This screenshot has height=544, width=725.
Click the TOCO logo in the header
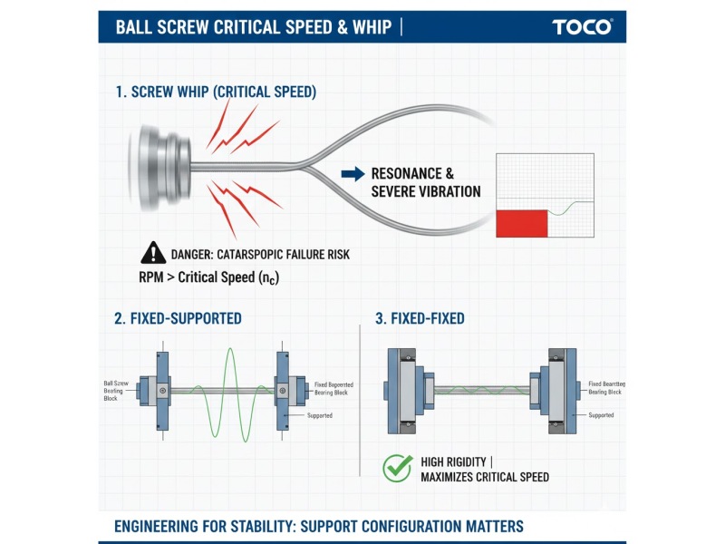tap(582, 26)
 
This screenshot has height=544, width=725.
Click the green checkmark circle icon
tap(397, 468)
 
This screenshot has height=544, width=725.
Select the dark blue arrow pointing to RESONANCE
tap(352, 172)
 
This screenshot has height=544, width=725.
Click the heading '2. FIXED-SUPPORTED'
tap(178, 319)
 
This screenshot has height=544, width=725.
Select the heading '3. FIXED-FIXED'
tap(420, 319)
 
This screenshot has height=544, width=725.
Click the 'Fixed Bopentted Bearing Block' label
tap(333, 391)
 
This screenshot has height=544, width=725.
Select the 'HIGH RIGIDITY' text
tap(459, 461)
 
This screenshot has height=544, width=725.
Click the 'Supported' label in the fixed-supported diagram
tap(319, 415)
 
